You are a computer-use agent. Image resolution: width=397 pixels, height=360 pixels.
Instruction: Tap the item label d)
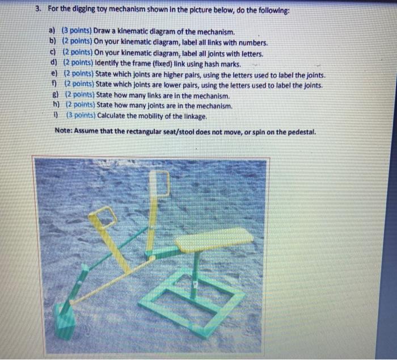pos(54,62)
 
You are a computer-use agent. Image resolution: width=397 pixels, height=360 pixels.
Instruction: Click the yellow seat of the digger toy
pos(213,239)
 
